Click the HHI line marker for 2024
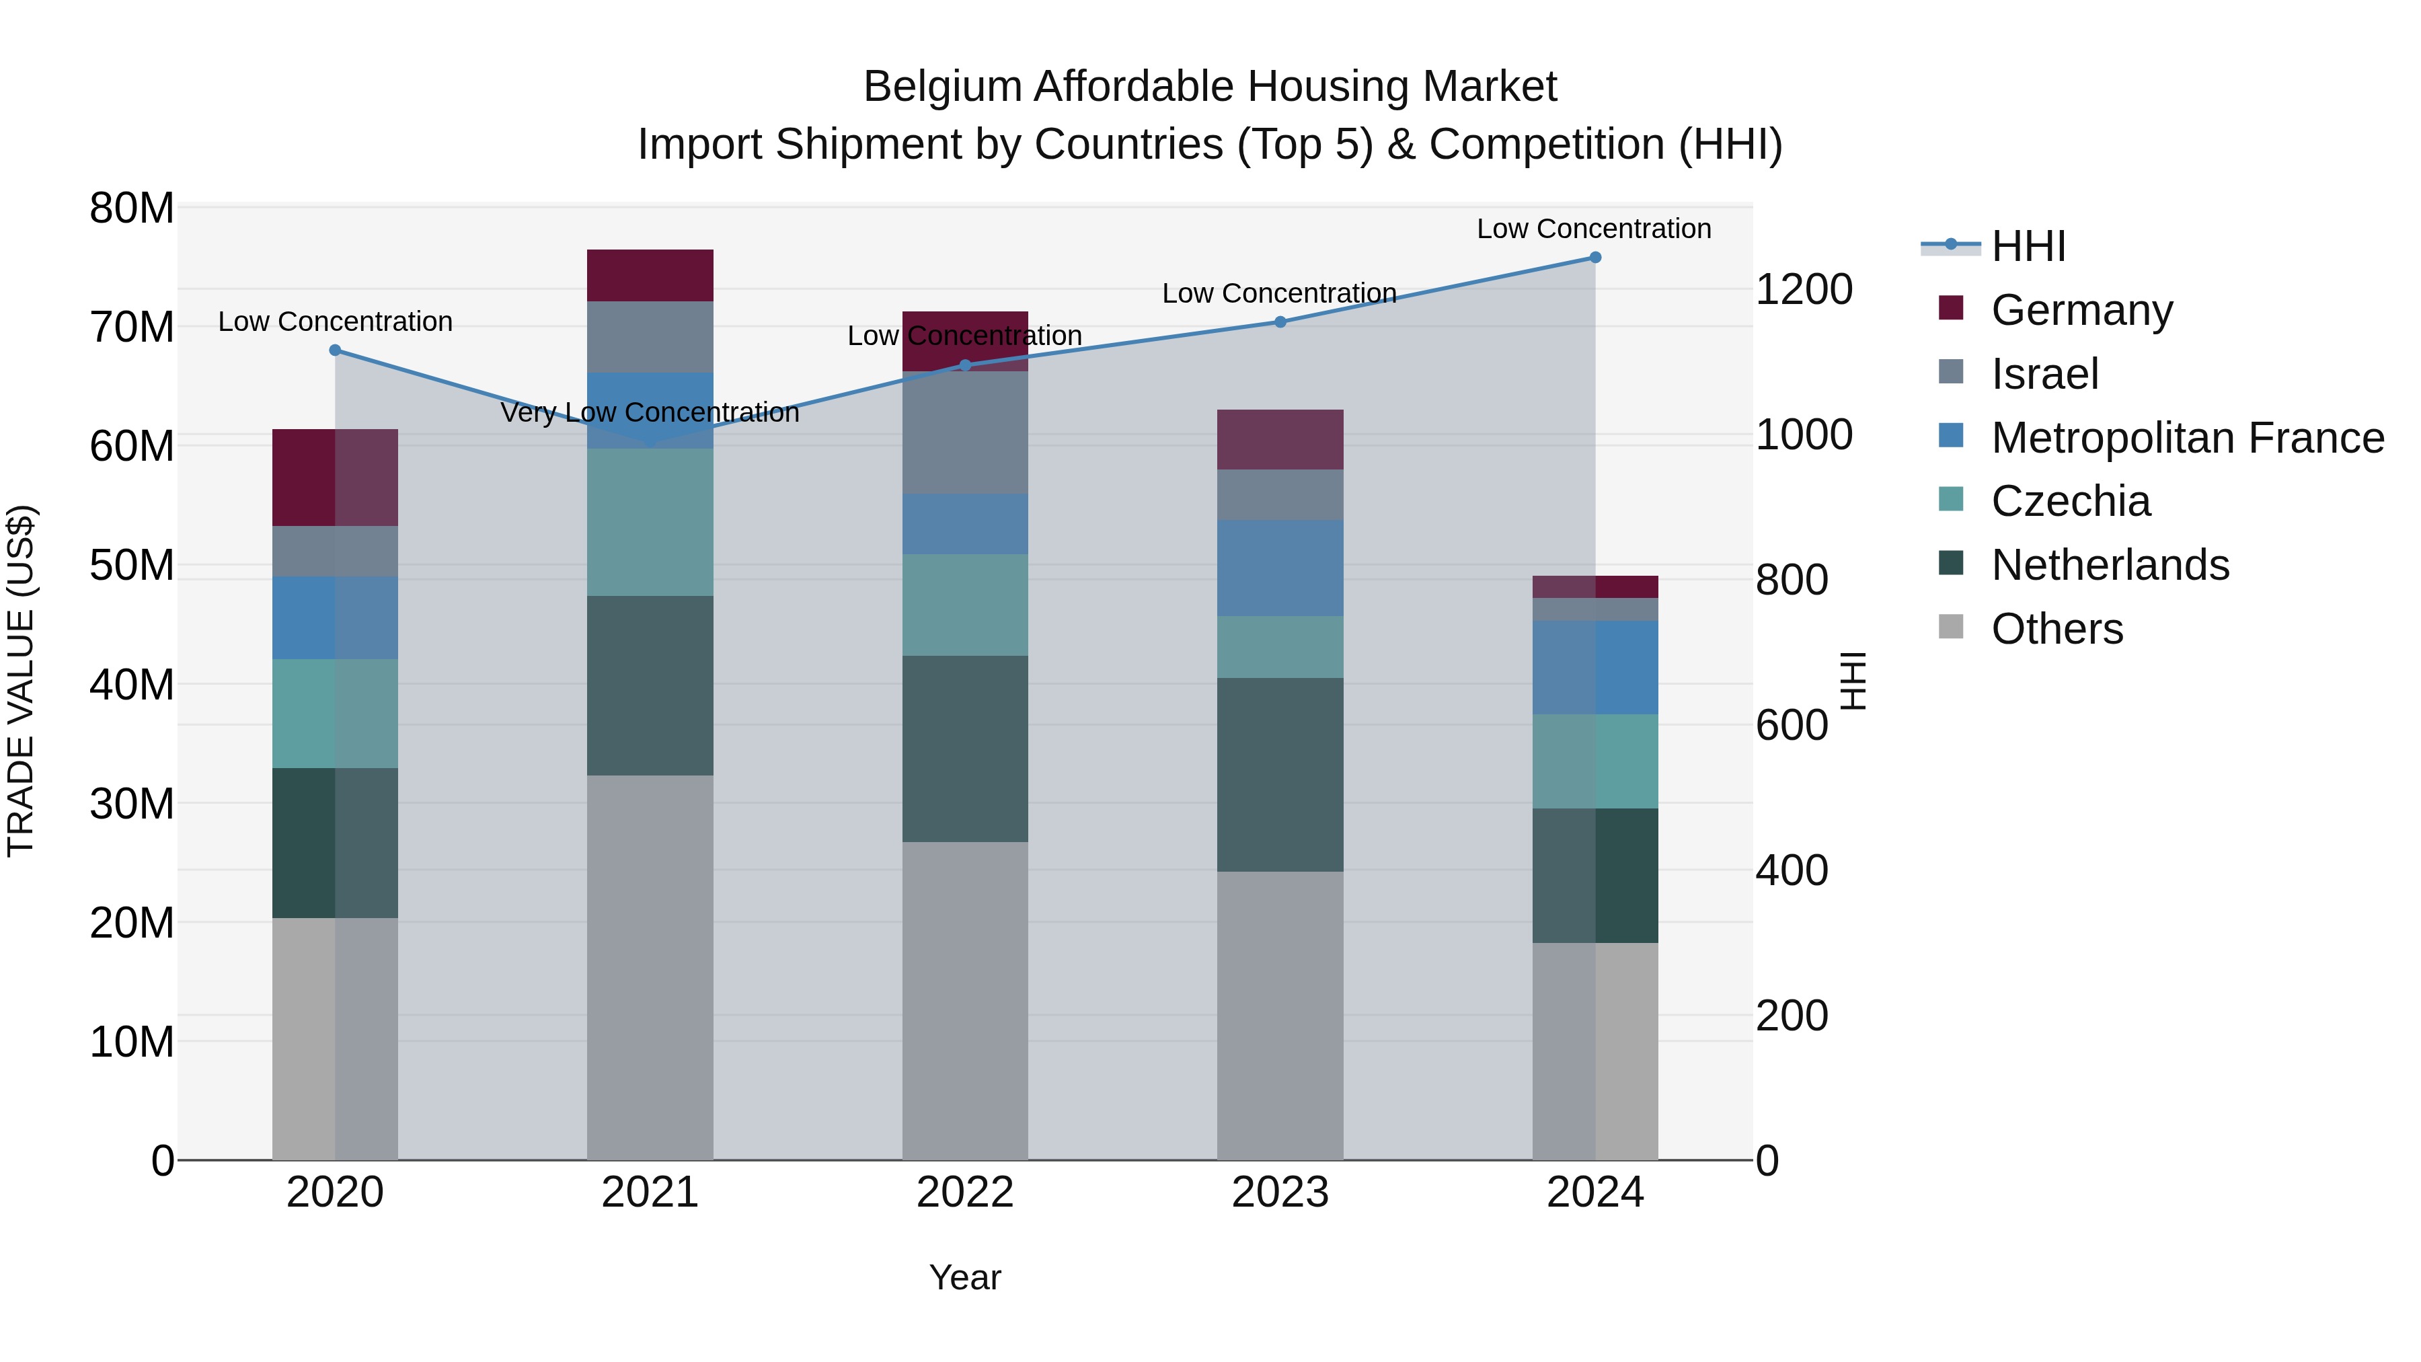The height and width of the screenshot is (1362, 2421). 1595,258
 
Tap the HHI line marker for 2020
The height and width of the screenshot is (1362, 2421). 336,350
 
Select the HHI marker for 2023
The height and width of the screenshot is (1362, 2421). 1280,321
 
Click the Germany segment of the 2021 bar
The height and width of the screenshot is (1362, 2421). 650,275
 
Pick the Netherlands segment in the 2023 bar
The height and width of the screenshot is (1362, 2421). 1280,775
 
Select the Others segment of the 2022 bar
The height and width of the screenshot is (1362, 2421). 965,1000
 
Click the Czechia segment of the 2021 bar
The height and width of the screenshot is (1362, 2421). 650,523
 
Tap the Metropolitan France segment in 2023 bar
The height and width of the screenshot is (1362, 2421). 1280,568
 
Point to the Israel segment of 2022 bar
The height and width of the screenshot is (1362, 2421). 965,432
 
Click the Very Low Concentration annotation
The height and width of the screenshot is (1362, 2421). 650,413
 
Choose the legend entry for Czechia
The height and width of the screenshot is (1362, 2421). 2071,501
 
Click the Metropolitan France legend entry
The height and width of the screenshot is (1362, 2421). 2187,438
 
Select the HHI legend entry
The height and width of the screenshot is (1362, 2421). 2028,246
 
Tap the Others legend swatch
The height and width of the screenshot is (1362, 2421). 1951,627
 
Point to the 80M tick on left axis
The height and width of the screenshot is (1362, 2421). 132,208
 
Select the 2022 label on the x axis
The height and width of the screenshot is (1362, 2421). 965,1193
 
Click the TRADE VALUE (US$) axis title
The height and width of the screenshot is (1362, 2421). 22,681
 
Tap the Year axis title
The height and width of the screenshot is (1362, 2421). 965,1277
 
